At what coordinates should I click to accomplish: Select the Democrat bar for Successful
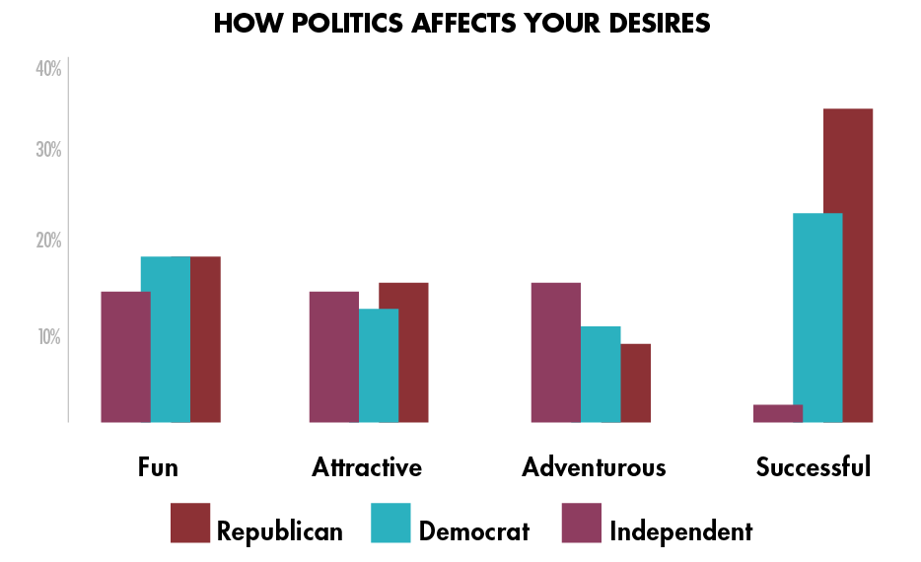(x=817, y=317)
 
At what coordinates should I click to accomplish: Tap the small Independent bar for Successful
(x=777, y=413)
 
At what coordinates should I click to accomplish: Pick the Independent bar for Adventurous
(x=555, y=352)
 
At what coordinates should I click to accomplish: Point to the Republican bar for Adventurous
(x=636, y=383)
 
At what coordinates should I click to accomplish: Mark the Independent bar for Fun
(x=125, y=356)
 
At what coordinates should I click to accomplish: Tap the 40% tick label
(x=48, y=69)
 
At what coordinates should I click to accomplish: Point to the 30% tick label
(x=48, y=151)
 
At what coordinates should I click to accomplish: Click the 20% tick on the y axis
(x=48, y=242)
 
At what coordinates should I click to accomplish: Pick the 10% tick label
(x=48, y=337)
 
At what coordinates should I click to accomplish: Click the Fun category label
(x=158, y=466)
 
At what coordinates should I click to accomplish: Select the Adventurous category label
(x=594, y=466)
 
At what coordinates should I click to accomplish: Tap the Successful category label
(x=814, y=466)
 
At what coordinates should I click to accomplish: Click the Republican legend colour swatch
(x=190, y=523)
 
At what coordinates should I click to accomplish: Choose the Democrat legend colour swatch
(x=390, y=523)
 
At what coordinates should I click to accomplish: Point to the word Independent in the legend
(x=680, y=531)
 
